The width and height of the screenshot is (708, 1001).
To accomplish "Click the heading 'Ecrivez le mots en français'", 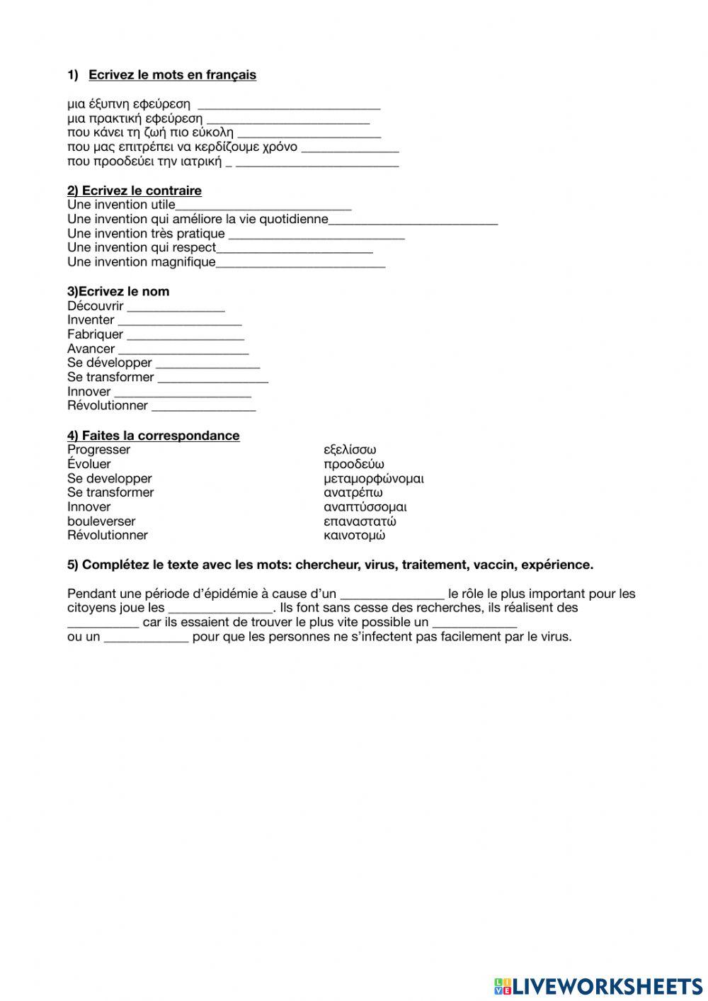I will coord(172,75).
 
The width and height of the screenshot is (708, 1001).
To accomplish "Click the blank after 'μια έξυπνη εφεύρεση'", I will coord(289,105).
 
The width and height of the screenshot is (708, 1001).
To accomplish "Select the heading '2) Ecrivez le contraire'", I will coord(135,191).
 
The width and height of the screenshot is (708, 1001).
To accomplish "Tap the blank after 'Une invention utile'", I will coord(263,205).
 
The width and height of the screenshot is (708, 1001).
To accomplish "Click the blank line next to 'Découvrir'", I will coord(176,307).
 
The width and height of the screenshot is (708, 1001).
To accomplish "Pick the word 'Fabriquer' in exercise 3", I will coord(95,334).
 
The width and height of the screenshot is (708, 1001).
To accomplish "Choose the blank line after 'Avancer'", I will coord(183,349).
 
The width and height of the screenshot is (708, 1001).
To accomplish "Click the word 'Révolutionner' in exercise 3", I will coord(108,406).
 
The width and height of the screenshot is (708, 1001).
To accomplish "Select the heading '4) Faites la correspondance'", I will coord(154,436).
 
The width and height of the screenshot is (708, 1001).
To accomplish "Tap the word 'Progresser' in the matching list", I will coord(99,450).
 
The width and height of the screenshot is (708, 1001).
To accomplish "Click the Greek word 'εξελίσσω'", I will coord(350,450).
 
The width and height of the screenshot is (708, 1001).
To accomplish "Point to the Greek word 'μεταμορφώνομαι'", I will coord(374,479).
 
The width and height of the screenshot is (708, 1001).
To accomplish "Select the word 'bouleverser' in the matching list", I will coord(101,521).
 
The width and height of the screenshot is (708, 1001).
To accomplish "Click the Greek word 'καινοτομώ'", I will coord(354,536).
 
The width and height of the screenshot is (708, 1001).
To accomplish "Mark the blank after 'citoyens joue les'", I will coord(220,609).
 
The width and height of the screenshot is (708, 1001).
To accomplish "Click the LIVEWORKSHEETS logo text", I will coord(607,986).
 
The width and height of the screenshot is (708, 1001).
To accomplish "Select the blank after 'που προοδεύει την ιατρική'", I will coord(316,162).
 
